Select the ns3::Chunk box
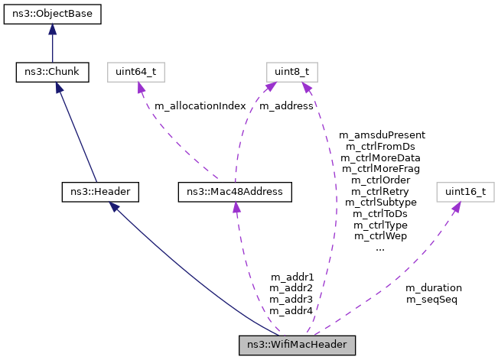click(x=52, y=73)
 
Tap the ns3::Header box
click(x=100, y=191)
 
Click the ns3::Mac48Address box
click(x=234, y=191)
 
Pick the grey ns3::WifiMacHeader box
click(x=298, y=345)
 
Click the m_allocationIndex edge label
click(x=200, y=106)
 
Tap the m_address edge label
click(x=286, y=106)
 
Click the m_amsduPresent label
click(x=381, y=135)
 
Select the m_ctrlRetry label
click(x=381, y=191)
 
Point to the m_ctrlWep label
click(x=381, y=236)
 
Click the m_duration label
click(x=433, y=288)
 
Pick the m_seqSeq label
click(x=431, y=300)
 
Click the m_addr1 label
click(x=291, y=277)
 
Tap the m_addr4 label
click(x=291, y=311)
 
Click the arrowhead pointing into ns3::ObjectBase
click(x=52, y=29)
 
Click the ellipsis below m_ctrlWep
click(x=380, y=248)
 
